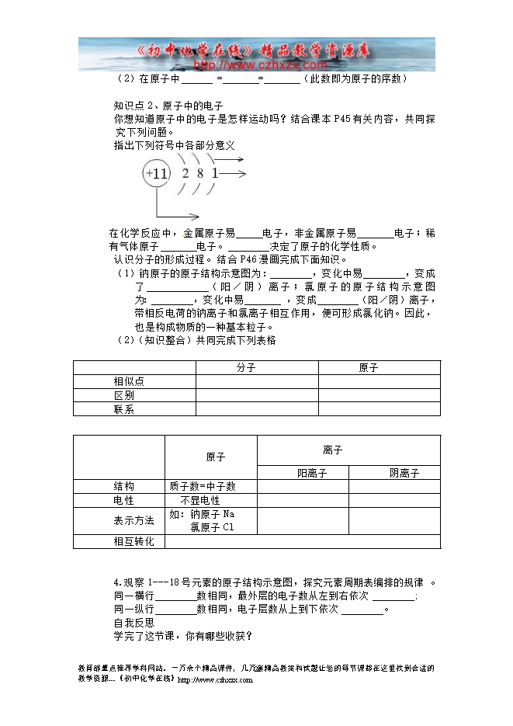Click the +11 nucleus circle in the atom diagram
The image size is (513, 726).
157,174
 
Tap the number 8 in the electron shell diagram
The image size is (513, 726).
199,174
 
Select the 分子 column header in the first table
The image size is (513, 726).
246,368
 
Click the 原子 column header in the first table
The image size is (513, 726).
368,368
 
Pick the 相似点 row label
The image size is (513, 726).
128,381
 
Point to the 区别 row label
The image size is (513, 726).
123,395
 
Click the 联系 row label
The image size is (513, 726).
123,409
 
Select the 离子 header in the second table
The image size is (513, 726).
332,450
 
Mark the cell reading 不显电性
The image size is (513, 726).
200,501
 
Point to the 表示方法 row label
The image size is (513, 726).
133,519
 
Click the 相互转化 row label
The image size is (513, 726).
133,541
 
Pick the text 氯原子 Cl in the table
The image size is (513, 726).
211,527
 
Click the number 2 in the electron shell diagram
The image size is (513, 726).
185,174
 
